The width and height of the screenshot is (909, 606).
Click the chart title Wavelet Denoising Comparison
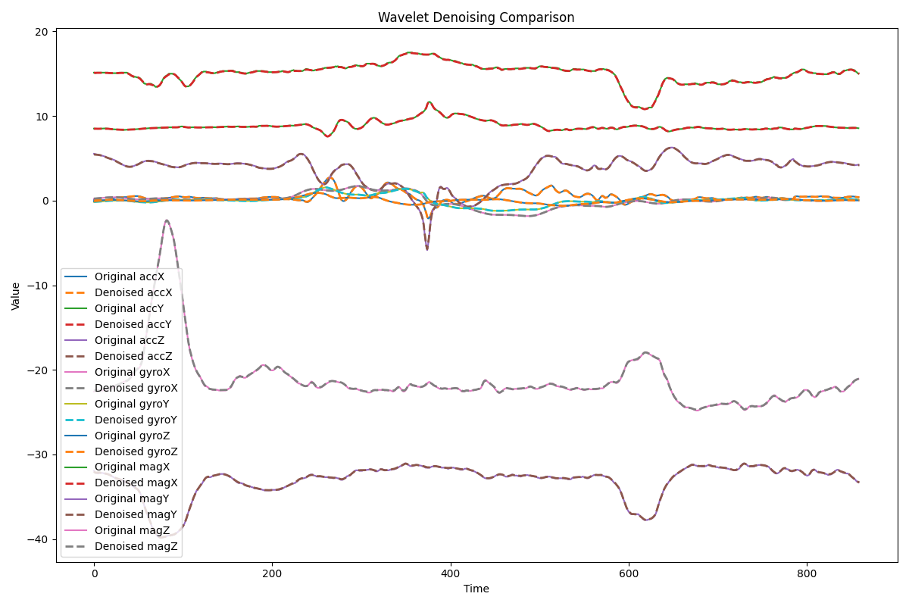pos(476,17)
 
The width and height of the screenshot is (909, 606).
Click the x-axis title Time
pos(476,589)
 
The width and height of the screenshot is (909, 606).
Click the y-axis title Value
pos(16,296)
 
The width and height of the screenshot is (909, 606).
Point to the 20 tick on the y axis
pos(40,32)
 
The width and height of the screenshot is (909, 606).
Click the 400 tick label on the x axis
pos(451,574)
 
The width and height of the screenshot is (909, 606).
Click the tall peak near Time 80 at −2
pos(166,220)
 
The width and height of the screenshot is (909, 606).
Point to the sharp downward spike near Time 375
pos(427,249)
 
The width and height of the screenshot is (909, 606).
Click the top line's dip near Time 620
pos(644,108)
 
